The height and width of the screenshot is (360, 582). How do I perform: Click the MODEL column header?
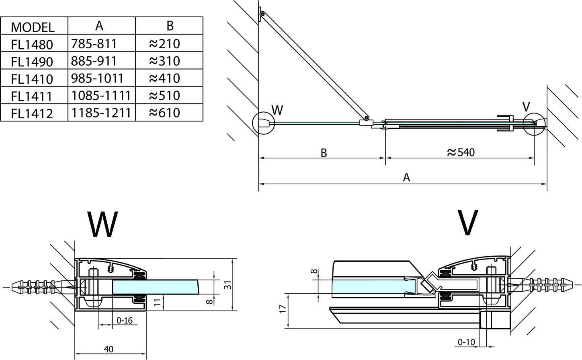33,27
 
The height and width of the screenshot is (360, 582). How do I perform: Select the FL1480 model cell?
32,44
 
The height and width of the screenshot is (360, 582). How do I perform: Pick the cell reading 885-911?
94,61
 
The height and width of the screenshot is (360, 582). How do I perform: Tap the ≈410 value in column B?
164,78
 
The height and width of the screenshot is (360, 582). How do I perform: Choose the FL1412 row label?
32,113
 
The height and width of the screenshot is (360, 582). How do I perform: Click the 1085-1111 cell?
101,95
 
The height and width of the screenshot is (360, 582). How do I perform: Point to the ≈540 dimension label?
461,152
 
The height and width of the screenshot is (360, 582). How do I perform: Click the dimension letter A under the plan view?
406,177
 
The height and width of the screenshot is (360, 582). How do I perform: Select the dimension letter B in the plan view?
324,153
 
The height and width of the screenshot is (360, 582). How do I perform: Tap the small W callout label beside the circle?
277,109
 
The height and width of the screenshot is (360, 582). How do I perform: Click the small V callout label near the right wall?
526,107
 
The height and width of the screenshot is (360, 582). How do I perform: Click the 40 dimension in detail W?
109,349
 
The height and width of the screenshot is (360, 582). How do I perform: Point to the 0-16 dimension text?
124,321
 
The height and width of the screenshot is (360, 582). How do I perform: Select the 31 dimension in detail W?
227,284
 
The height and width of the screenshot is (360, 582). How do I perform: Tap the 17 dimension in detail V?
283,309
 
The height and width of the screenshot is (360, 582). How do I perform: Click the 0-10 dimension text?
466,342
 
